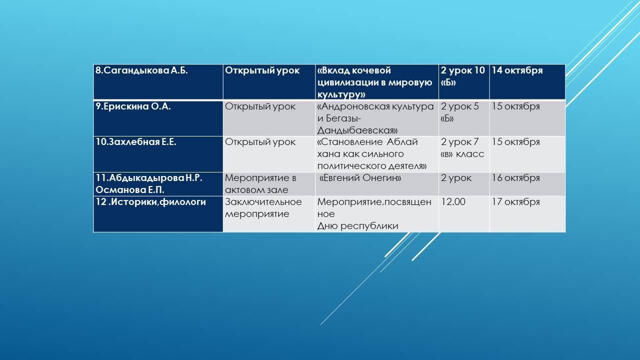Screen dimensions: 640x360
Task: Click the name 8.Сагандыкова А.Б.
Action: (141, 70)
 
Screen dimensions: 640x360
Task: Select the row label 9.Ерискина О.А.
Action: (133, 106)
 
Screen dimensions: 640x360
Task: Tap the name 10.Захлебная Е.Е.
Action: (135, 142)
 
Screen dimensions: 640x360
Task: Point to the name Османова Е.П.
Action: (129, 190)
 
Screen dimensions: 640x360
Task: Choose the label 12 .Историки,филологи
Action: (150, 202)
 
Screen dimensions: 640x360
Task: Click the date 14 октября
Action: (517, 70)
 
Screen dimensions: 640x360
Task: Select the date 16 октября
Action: (515, 178)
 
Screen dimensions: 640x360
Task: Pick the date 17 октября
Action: (515, 202)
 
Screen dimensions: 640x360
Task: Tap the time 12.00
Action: (453, 202)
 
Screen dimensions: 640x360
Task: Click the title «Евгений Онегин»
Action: (360, 178)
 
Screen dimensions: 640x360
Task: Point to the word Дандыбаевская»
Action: (357, 130)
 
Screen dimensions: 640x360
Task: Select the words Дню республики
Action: (357, 226)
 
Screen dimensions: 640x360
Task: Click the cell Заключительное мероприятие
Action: (263, 208)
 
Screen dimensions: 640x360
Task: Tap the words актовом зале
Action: (256, 190)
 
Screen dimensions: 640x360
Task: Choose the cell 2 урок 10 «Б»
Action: (463, 76)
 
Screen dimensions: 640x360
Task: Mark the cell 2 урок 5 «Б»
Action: (459, 112)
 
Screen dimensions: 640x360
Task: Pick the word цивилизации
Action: (345, 83)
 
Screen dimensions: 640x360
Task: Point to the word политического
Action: (350, 166)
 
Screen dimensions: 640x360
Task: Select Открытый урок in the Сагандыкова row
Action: (262, 70)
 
